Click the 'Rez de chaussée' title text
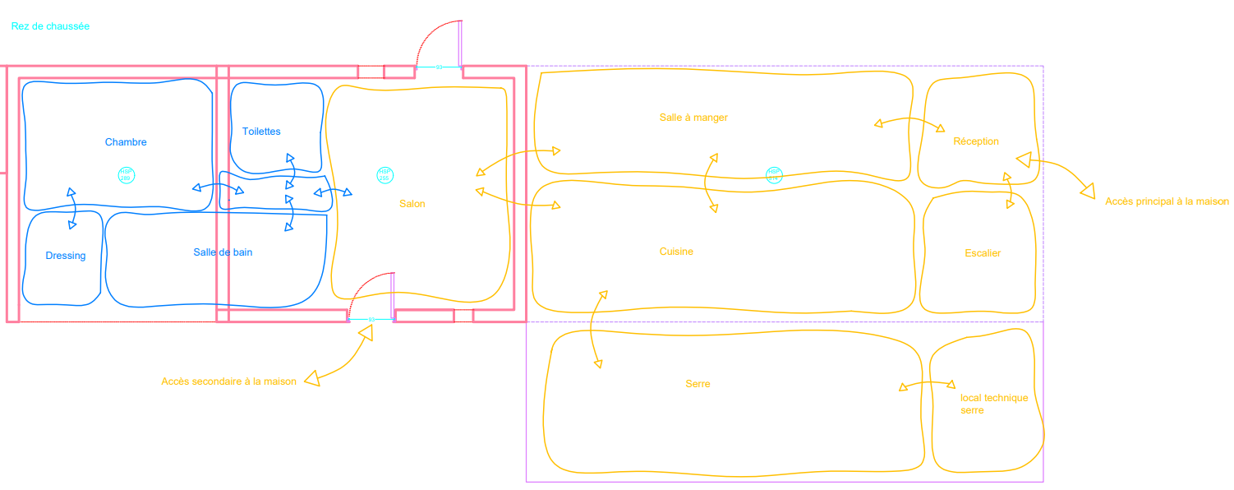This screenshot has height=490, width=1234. tap(50, 26)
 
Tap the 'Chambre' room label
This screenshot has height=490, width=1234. tap(126, 142)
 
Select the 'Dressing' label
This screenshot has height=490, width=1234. tap(66, 256)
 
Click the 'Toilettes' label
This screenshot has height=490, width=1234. tap(261, 132)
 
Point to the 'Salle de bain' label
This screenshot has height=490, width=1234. tap(223, 252)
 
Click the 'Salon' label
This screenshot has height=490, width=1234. tap(412, 204)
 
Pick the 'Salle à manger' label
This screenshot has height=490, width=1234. tap(693, 118)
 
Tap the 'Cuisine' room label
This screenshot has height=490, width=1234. tap(676, 252)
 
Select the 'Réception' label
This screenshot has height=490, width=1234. tap(976, 141)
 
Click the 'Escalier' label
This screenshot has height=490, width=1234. tap(983, 253)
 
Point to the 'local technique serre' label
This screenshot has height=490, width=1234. tap(994, 404)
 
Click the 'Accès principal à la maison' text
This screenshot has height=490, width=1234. tap(1167, 201)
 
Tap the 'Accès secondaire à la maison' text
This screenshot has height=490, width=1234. tap(228, 381)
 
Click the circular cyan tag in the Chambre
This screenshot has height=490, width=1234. tap(126, 175)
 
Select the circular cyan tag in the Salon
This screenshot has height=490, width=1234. tap(384, 174)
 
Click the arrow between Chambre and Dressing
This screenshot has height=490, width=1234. tap(72, 208)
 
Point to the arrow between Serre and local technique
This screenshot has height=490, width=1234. tap(928, 383)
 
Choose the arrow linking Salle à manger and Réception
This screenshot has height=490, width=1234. tap(909, 122)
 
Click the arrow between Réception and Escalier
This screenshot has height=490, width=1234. tap(1009, 191)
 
